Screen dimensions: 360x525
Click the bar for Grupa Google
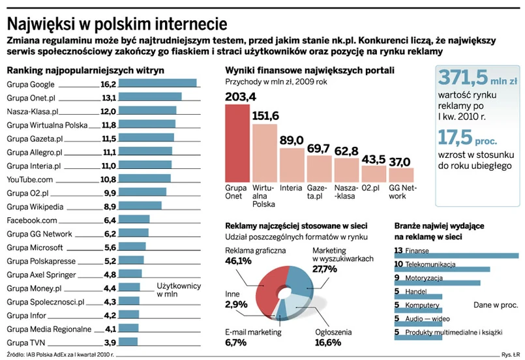point(158,83)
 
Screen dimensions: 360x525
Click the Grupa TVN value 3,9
point(110,342)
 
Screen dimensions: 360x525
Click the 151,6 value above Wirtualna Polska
point(265,116)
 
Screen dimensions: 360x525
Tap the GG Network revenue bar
point(401,174)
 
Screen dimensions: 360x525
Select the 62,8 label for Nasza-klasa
point(346,151)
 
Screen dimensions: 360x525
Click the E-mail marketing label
point(253,332)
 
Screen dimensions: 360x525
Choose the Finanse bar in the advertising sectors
point(456,255)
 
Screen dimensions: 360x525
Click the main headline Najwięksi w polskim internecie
point(117,23)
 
